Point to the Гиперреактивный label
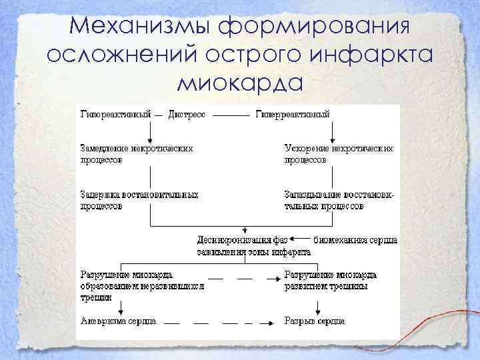point(293,114)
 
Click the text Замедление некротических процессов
point(137,154)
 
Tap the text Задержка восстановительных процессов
point(139,201)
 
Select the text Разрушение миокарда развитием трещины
point(330,280)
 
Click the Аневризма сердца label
point(118,321)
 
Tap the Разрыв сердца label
point(314,321)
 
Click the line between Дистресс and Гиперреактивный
point(231,115)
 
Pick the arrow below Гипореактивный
point(150,131)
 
